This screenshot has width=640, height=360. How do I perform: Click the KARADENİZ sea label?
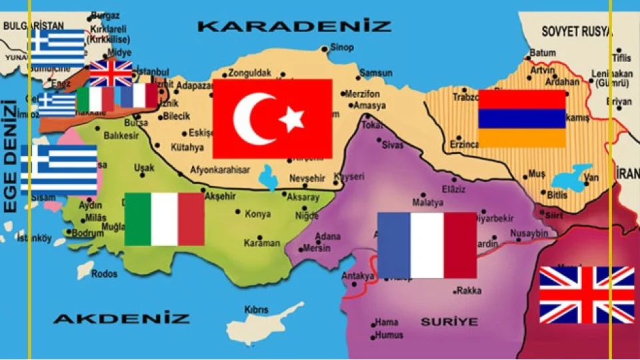(x=295, y=27)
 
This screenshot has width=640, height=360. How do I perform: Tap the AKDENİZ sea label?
(x=121, y=318)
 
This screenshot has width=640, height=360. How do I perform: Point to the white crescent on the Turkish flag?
(x=253, y=119)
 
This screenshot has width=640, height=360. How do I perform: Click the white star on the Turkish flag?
(x=291, y=120)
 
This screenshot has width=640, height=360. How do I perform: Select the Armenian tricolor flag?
(x=521, y=119)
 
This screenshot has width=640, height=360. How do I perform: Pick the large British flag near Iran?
(x=587, y=295)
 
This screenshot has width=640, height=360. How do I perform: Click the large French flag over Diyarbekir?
(x=427, y=245)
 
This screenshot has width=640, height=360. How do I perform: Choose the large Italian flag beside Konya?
(x=164, y=219)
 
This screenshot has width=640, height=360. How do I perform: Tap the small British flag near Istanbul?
(x=111, y=73)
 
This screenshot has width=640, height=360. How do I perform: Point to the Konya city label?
(x=258, y=214)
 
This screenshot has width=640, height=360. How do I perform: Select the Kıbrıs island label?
(x=257, y=310)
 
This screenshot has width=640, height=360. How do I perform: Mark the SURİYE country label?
(x=449, y=322)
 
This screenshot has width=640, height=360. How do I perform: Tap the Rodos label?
(x=105, y=273)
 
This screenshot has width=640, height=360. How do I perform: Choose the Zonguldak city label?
(x=249, y=73)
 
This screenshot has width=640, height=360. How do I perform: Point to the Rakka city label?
(x=471, y=291)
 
